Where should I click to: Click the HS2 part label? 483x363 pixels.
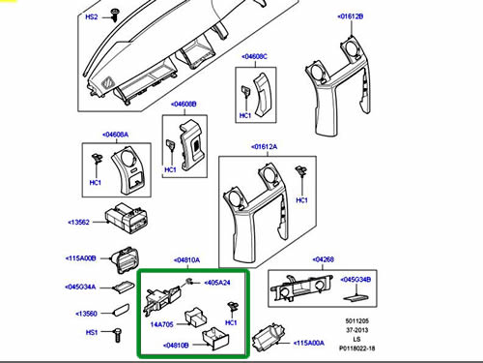pyautogui.click(x=92, y=16)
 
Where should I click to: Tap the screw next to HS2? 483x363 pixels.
pyautogui.click(x=114, y=15)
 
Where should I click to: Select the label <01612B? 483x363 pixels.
pyautogui.click(x=351, y=16)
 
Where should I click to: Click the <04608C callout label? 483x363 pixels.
pyautogui.click(x=254, y=56)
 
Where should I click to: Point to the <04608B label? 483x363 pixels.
pyautogui.click(x=184, y=105)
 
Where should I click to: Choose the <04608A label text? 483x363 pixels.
pyautogui.click(x=115, y=135)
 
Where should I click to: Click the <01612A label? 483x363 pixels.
pyautogui.click(x=264, y=147)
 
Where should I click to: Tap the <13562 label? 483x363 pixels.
pyautogui.click(x=78, y=222)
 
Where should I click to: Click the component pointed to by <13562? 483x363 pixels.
pyautogui.click(x=126, y=218)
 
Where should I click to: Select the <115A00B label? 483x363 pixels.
pyautogui.click(x=80, y=258)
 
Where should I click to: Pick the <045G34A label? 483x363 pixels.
pyautogui.click(x=80, y=287)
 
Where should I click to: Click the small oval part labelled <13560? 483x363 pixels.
pyautogui.click(x=121, y=310)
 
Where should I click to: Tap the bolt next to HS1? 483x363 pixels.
pyautogui.click(x=118, y=335)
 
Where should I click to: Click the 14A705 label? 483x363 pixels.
pyautogui.click(x=161, y=324)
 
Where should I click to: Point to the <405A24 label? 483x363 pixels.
pyautogui.click(x=217, y=283)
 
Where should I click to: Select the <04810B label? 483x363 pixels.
pyautogui.click(x=176, y=346)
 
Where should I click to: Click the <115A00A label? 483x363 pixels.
pyautogui.click(x=309, y=343)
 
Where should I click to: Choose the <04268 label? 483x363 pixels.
pyautogui.click(x=324, y=259)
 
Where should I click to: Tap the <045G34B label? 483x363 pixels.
pyautogui.click(x=355, y=280)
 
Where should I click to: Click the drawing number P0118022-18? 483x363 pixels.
pyautogui.click(x=357, y=348)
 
